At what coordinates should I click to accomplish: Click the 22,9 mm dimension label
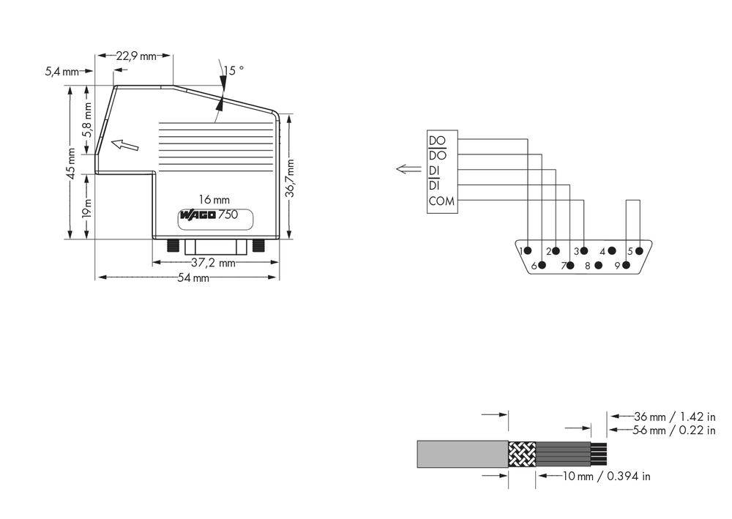138,56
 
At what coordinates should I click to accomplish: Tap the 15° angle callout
234,70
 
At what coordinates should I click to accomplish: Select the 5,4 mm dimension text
61,71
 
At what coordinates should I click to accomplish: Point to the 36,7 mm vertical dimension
290,179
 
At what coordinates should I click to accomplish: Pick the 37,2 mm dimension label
213,262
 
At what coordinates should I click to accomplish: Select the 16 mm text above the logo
214,199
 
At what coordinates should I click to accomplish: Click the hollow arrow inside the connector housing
124,145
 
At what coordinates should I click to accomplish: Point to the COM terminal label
441,201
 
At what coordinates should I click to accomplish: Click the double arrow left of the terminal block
408,170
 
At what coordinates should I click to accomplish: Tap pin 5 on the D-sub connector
639,251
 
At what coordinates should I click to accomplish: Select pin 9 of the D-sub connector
626,265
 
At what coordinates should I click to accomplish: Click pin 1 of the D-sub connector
527,251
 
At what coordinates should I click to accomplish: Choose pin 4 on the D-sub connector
611,251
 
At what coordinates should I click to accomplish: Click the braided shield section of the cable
522,454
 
